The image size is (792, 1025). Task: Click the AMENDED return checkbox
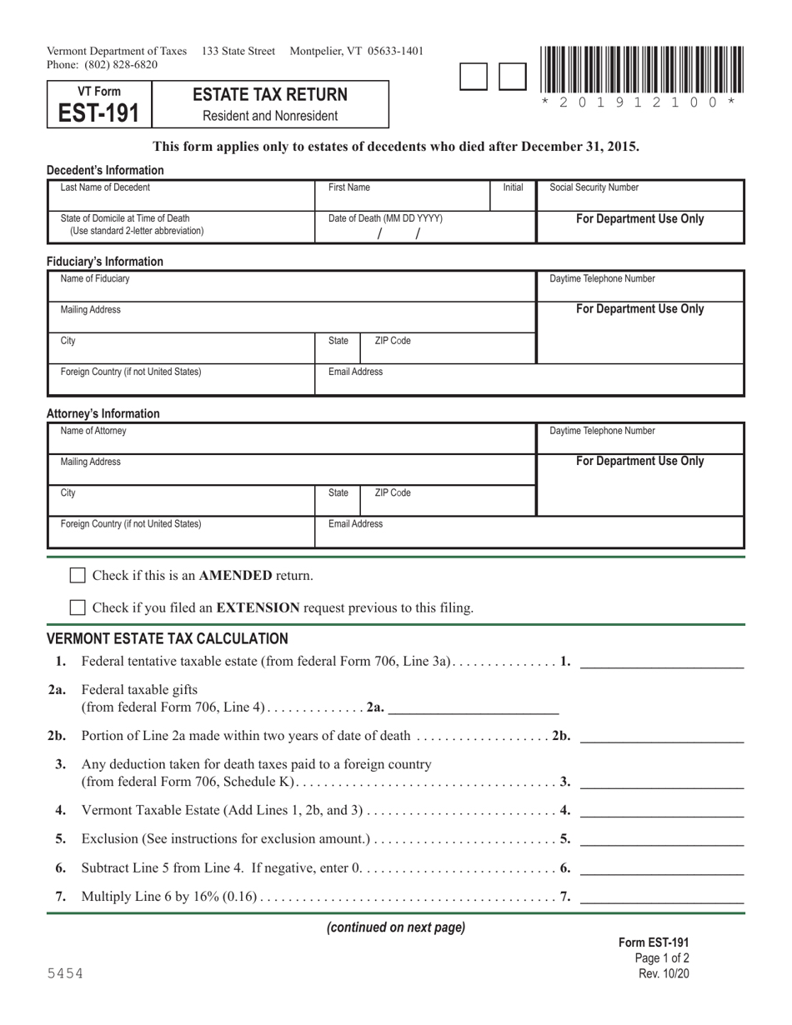pos(77,575)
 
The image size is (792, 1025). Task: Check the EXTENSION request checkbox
pos(77,607)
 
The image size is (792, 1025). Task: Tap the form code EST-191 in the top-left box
pos(99,112)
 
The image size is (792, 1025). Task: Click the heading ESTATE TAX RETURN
pos(270,96)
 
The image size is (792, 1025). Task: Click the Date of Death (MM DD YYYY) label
pos(385,218)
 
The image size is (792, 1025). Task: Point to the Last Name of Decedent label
pos(106,188)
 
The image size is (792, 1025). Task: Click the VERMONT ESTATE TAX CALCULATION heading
pos(167,639)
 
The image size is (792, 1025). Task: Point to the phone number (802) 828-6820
pos(121,65)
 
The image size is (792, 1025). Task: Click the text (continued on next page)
pos(395,927)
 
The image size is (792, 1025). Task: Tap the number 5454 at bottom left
pos(64,973)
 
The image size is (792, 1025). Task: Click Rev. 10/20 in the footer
pos(664,973)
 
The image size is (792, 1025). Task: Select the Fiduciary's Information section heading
pos(105,261)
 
